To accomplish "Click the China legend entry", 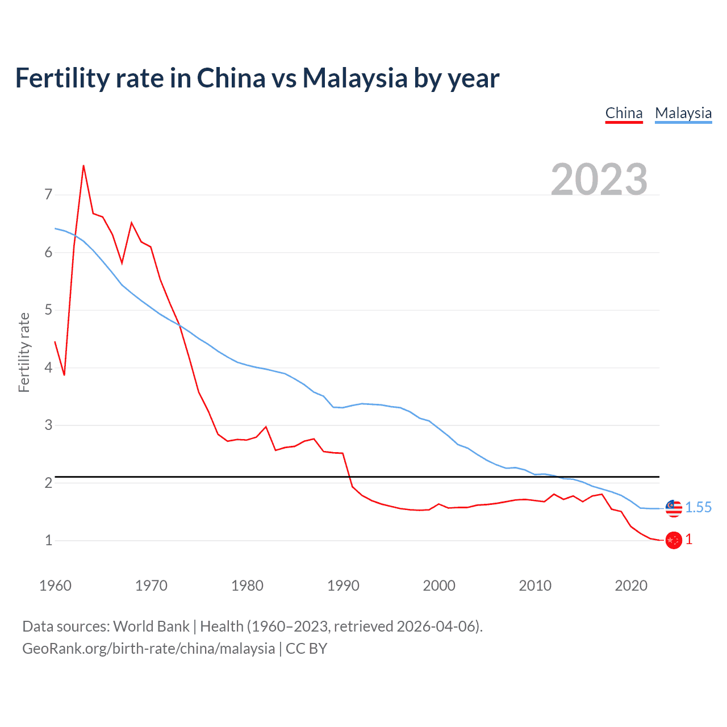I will point(624,113).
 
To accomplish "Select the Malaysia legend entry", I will point(683,113).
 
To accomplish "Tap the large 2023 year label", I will point(599,179).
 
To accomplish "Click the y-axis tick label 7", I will point(48,195).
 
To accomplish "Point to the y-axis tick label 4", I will point(48,367).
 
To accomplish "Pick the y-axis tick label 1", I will point(48,540).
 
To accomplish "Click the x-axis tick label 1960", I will point(55,586).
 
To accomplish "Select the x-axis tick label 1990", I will point(343,586).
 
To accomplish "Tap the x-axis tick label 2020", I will point(631,586).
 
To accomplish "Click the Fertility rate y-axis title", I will point(24,352).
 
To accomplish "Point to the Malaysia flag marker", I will point(674,508).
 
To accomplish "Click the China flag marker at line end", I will point(674,540).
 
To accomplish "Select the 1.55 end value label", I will point(698,507).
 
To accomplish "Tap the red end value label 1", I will point(689,540).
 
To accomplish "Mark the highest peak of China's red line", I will point(83,166).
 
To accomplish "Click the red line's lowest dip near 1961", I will point(64,375).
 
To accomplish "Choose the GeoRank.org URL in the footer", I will point(148,649).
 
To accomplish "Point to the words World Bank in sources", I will point(151,626).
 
